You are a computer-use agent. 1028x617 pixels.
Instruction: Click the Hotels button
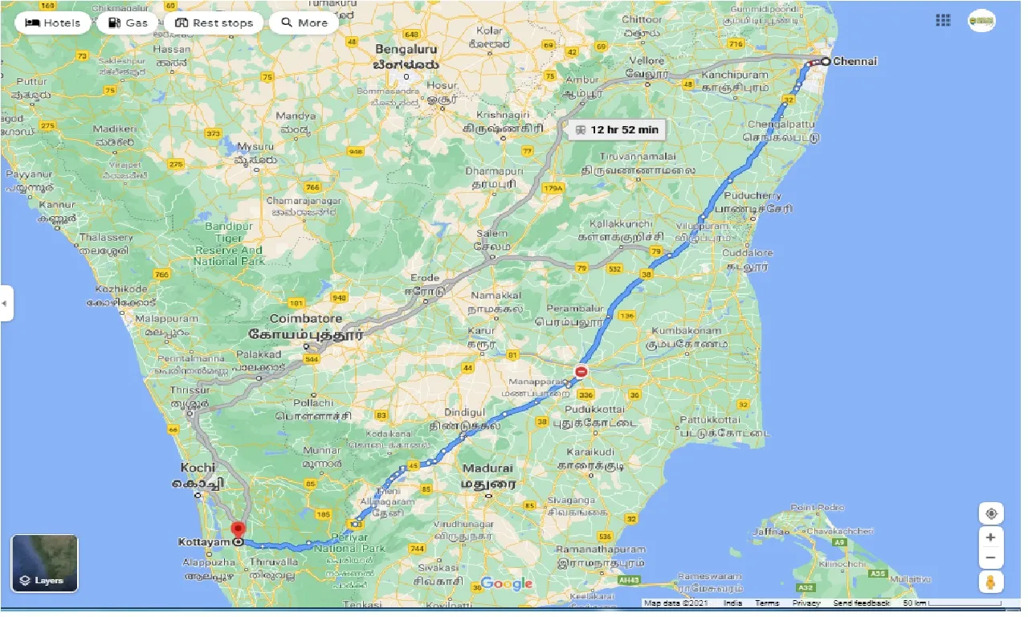click(x=53, y=22)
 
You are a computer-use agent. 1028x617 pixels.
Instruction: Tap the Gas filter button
click(x=128, y=22)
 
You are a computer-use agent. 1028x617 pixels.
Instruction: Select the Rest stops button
click(x=214, y=22)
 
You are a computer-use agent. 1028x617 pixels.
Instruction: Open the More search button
click(x=303, y=22)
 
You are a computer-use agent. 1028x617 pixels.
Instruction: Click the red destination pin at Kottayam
click(x=238, y=530)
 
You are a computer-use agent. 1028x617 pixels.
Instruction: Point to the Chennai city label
click(x=855, y=61)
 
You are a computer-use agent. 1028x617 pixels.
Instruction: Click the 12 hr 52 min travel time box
click(x=616, y=129)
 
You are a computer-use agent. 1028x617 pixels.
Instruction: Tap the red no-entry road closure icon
click(x=581, y=372)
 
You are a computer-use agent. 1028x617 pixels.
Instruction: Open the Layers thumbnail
click(x=45, y=563)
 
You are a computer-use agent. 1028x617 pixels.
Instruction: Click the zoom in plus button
click(x=991, y=537)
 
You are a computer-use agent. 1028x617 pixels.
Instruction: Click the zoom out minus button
click(x=991, y=558)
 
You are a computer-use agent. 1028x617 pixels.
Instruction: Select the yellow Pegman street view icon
click(x=991, y=582)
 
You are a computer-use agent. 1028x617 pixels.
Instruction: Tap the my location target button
click(x=991, y=513)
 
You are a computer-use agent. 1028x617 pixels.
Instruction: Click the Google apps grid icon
click(x=943, y=21)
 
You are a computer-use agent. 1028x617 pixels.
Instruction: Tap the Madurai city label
click(x=487, y=468)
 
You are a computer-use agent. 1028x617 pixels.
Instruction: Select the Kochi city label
click(x=198, y=468)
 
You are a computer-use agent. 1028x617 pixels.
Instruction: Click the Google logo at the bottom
click(x=507, y=583)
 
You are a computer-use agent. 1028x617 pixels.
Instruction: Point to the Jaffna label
click(x=767, y=531)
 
